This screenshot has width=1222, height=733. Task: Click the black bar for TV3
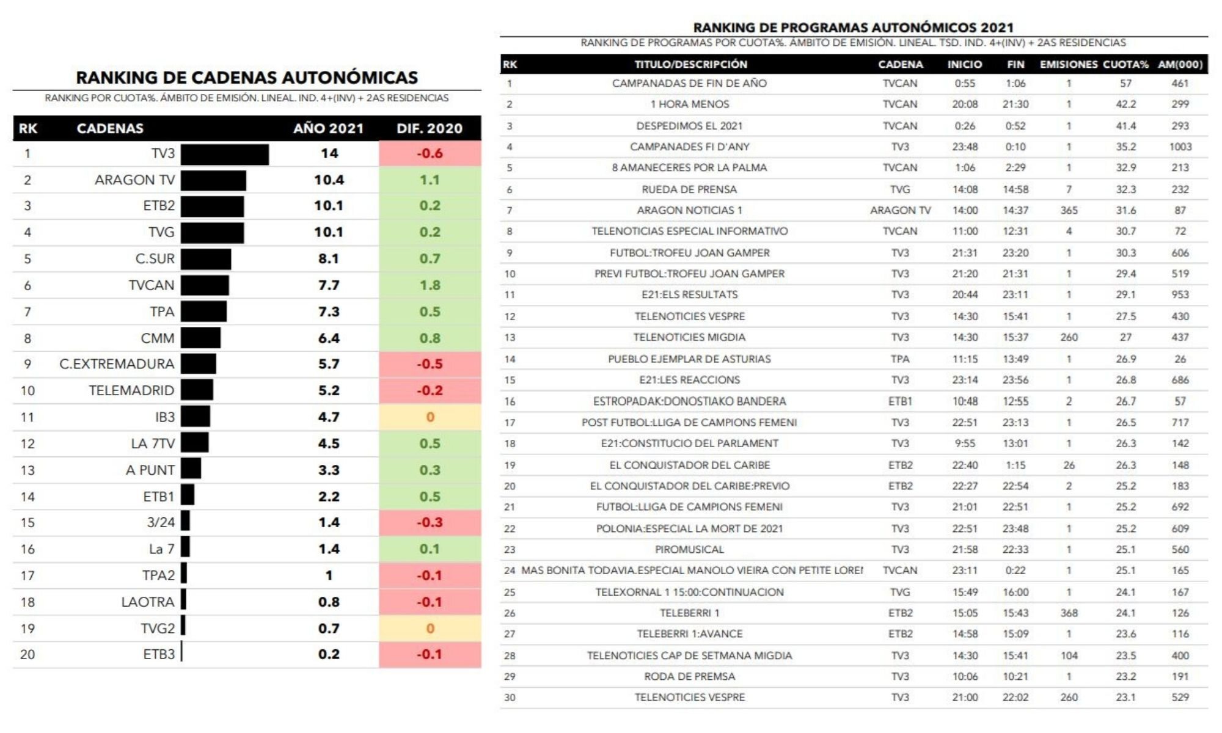point(224,155)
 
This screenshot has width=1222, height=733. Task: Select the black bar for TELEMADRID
point(197,390)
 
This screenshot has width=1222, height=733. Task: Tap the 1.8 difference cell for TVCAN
point(430,285)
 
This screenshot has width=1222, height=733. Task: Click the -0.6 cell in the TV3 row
point(430,153)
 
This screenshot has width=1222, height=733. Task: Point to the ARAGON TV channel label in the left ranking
point(134,180)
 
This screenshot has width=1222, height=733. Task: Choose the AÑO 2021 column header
point(328,129)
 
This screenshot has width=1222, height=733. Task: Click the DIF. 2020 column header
point(430,129)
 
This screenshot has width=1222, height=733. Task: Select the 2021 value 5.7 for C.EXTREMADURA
point(328,364)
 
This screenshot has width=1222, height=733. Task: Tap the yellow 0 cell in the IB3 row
point(430,417)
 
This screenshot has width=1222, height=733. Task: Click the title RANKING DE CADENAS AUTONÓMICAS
point(247,78)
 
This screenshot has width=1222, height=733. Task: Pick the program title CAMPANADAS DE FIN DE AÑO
point(689,84)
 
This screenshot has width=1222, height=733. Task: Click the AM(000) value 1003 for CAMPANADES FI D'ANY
point(1180,147)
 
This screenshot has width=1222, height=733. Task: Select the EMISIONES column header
point(1069,65)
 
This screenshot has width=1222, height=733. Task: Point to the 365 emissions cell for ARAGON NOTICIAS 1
point(1069,211)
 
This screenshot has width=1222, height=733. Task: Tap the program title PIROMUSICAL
point(689,550)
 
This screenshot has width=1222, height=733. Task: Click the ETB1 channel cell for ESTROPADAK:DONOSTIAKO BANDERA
point(900,402)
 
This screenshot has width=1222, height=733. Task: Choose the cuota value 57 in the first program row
point(1125,84)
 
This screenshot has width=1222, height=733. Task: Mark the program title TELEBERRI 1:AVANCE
point(689,634)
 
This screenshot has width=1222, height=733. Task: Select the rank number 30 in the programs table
point(510,698)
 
